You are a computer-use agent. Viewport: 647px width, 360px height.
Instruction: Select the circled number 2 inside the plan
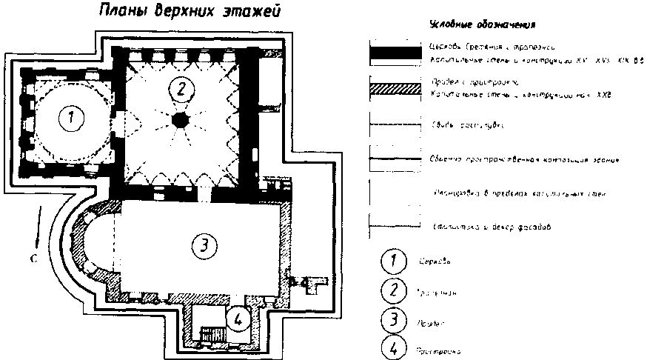point(179,90)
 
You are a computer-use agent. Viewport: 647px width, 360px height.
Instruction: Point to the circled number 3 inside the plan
point(203,245)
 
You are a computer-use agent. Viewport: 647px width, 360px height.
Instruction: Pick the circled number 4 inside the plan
point(237,319)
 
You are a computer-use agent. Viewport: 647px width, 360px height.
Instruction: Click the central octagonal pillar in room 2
point(179,120)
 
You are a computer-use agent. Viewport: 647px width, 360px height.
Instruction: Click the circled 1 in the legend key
point(391,261)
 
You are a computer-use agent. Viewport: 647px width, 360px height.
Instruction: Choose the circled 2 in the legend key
point(391,290)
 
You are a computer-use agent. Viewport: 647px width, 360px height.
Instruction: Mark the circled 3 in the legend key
point(391,320)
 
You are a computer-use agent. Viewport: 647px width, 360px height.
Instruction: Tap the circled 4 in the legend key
point(391,348)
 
